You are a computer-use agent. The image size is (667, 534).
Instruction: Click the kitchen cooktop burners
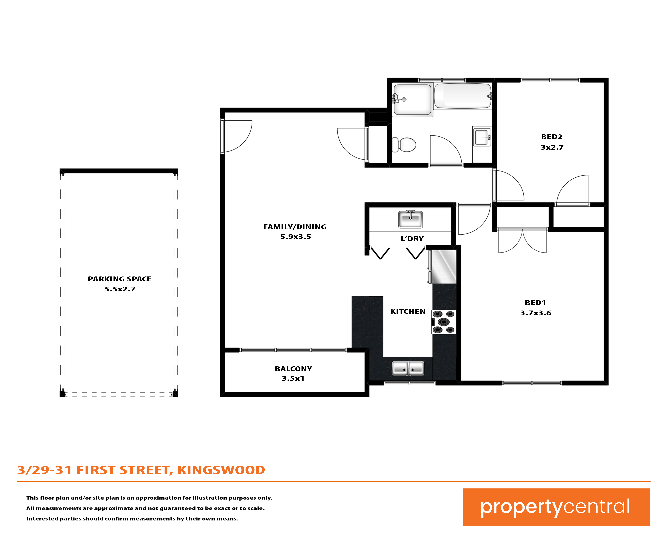pos(444,322)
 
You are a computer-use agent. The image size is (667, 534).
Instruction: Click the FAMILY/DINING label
pos(295,227)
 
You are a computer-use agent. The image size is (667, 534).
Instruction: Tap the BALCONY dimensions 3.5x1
pos(293,378)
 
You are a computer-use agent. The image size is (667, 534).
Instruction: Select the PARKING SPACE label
pos(120,279)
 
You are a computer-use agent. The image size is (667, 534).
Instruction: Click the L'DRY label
pos(412,239)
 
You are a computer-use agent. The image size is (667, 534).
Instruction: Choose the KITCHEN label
pos(408,311)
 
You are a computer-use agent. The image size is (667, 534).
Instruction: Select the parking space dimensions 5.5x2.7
pos(120,289)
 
